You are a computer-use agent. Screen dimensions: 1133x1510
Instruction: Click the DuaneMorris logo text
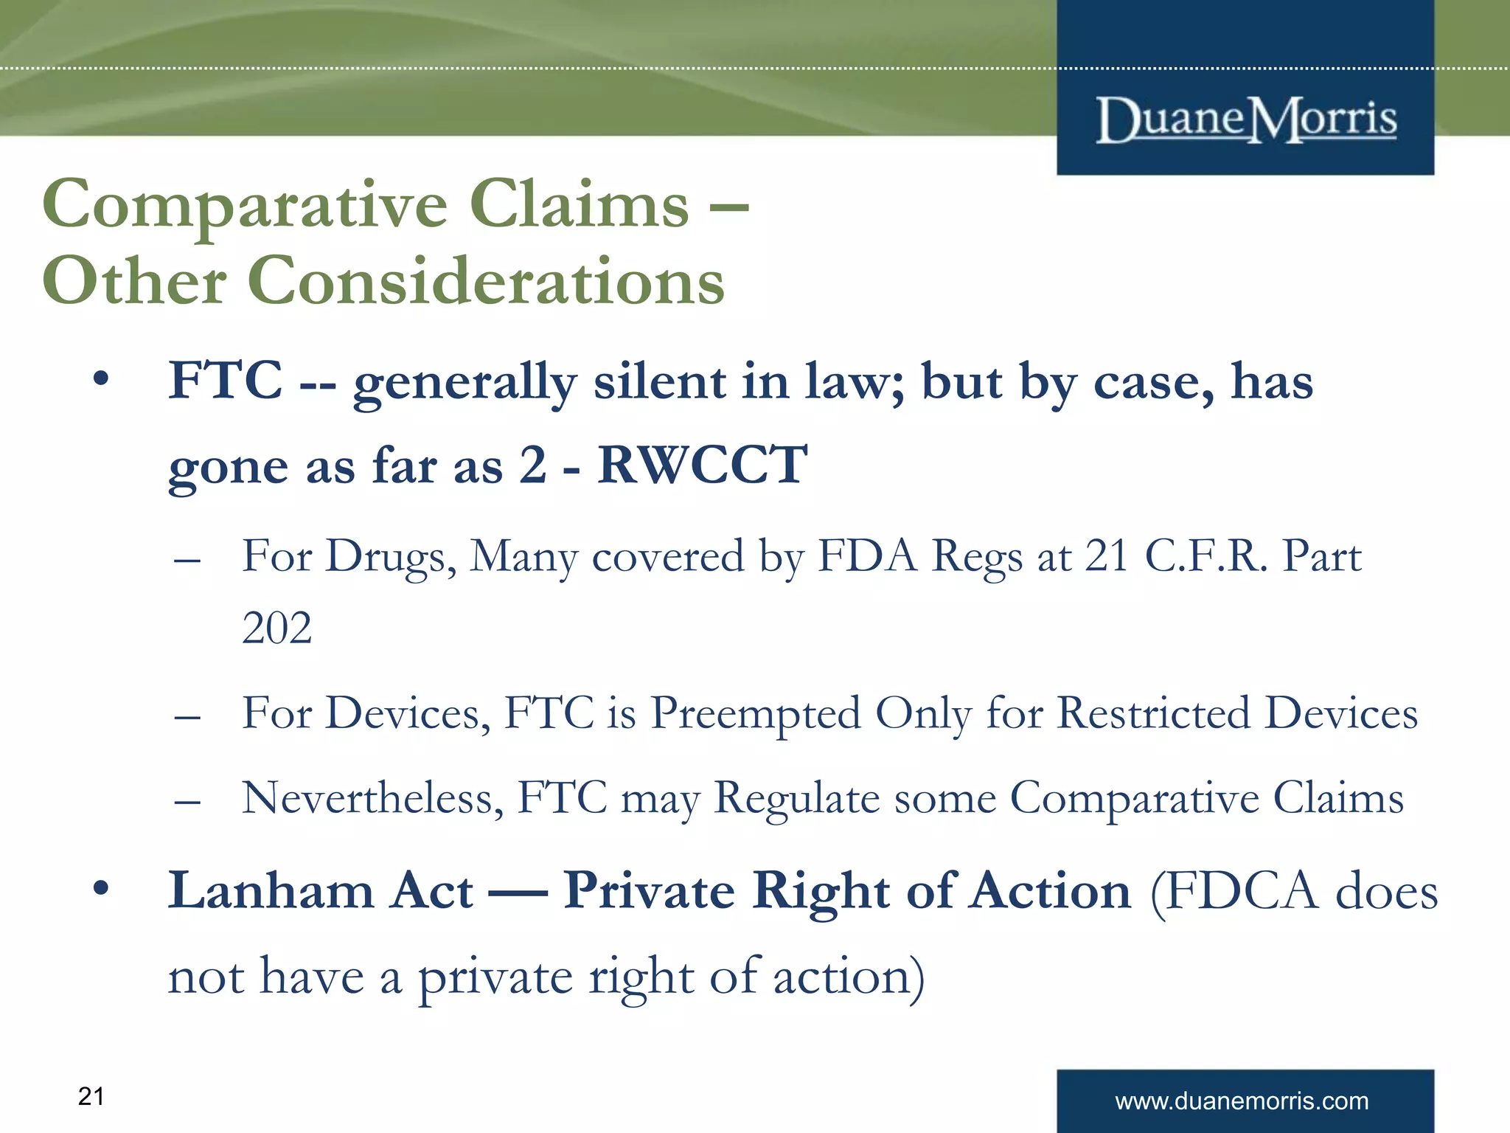coord(1246,119)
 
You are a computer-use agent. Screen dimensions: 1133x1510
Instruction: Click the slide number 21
coord(91,1096)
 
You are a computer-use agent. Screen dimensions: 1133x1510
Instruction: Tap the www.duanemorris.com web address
coord(1242,1101)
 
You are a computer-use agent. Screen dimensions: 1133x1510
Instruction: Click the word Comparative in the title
coord(244,205)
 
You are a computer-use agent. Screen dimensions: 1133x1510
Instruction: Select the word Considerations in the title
coord(486,282)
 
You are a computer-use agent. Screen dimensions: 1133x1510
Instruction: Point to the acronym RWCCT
coord(702,465)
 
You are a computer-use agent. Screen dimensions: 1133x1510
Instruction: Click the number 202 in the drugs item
coord(276,628)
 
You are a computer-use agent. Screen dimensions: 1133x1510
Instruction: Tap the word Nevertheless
coord(372,798)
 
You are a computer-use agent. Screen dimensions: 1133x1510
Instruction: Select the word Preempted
coord(756,714)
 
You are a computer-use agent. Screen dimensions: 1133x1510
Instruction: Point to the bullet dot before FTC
coord(101,381)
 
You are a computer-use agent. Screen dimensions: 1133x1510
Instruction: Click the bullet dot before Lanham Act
coord(101,889)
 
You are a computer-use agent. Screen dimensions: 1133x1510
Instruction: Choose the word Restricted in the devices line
coord(1154,713)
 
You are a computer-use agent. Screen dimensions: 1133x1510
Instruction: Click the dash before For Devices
coord(188,716)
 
